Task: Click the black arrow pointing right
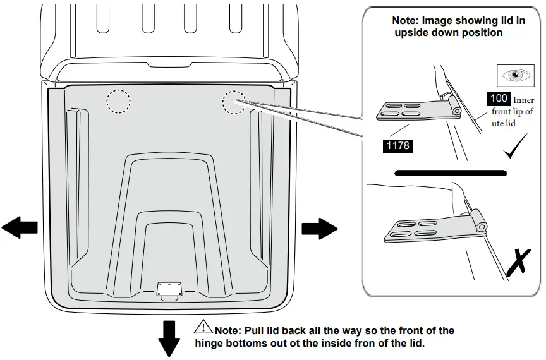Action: coord(319,227)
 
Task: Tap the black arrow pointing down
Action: coord(169,339)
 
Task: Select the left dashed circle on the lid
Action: coord(118,101)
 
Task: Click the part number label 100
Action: coord(499,99)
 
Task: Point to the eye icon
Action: coord(517,75)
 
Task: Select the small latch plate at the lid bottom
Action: coord(170,289)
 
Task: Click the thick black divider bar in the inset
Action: coord(449,172)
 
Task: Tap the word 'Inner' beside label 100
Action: coord(523,100)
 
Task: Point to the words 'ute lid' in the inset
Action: coord(504,123)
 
